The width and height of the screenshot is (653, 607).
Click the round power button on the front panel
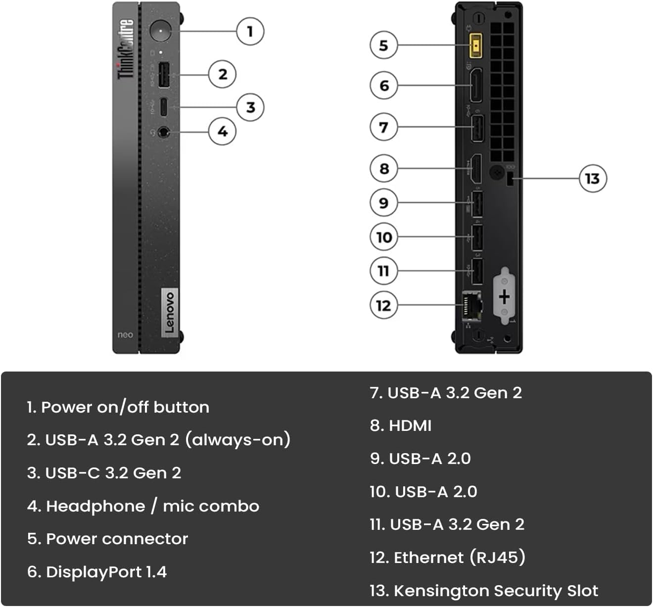(x=160, y=31)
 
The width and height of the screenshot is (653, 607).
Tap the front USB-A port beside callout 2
(x=164, y=75)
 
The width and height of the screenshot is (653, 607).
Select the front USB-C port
(x=164, y=106)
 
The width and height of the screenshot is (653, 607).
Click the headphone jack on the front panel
(x=164, y=133)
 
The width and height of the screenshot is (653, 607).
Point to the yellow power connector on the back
(x=476, y=46)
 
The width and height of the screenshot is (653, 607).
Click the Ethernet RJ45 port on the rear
(x=472, y=305)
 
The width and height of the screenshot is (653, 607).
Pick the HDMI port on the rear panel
(x=475, y=168)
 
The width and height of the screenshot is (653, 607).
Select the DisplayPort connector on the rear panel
(x=475, y=86)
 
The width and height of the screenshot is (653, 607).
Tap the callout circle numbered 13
(x=592, y=179)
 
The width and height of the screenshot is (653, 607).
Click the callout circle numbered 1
(x=250, y=32)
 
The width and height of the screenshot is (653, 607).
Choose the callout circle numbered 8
(x=384, y=169)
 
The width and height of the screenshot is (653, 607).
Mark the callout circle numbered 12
(x=384, y=305)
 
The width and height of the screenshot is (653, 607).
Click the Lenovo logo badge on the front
(x=169, y=312)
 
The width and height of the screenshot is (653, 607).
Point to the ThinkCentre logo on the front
(x=126, y=49)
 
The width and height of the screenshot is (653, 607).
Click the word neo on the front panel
(x=125, y=335)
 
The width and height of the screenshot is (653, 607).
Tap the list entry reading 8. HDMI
(x=401, y=425)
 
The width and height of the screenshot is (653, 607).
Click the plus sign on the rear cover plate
(x=504, y=297)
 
